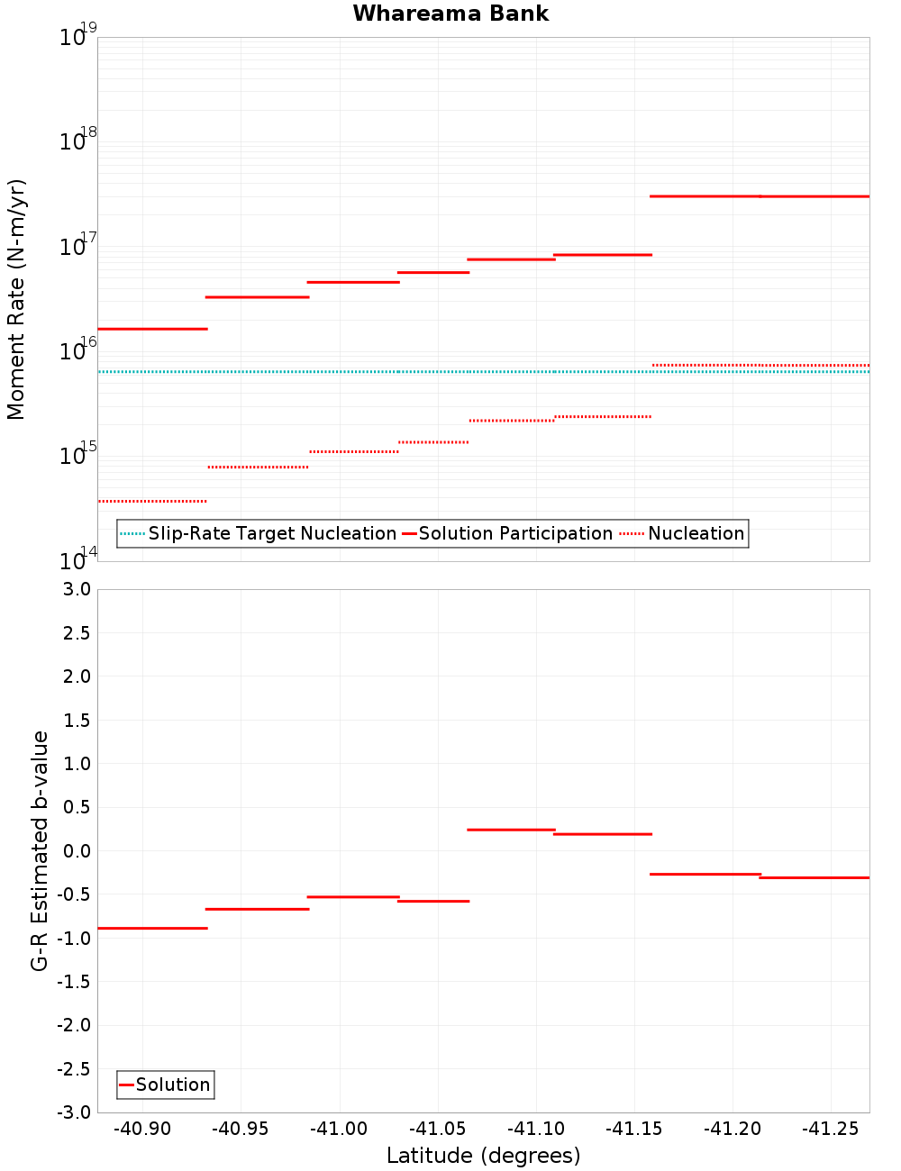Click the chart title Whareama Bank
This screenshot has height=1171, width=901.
(450, 14)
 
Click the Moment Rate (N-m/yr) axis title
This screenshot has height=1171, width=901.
(16, 299)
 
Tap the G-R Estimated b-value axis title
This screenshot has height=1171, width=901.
(40, 850)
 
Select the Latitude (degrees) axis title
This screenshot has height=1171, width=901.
(483, 1156)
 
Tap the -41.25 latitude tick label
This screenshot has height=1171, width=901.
(831, 1129)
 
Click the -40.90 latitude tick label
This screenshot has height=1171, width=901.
(142, 1129)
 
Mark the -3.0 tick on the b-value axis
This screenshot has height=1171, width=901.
(74, 1112)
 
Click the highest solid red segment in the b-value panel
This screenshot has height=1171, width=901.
(511, 830)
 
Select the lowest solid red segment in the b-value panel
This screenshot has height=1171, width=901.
(152, 928)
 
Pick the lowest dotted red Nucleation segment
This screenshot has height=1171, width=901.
(152, 501)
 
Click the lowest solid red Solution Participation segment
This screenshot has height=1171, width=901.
(152, 329)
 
